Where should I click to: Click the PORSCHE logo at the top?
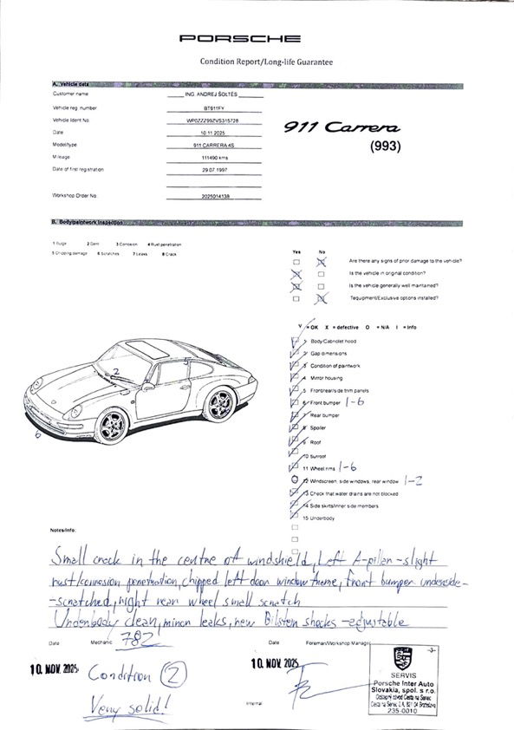pos(240,39)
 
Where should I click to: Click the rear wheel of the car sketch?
pos(222,403)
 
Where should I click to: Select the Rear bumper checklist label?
pos(326,415)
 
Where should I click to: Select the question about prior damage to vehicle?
pos(404,261)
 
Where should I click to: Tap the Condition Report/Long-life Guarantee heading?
pos(266,62)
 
